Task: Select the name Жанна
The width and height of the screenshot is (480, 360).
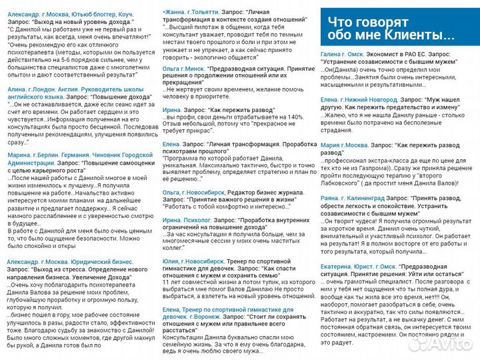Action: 176,12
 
